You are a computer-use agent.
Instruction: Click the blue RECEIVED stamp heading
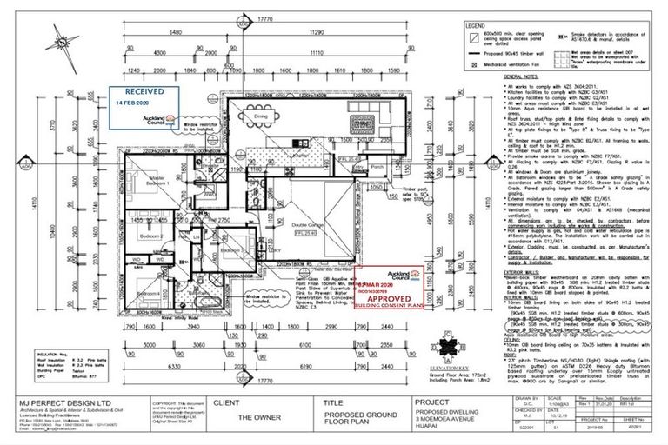click(x=144, y=90)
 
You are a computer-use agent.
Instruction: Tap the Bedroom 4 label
click(x=144, y=294)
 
